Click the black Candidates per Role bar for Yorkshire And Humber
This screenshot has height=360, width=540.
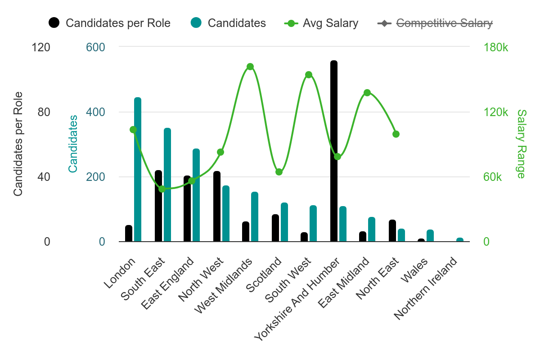point(333,151)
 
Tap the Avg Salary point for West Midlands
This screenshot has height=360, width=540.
point(250,67)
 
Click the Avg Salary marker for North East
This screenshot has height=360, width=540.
point(396,134)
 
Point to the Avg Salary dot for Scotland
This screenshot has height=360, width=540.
point(279,172)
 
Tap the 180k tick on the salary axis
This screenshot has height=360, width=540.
point(495,48)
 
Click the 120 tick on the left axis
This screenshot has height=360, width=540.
point(41,48)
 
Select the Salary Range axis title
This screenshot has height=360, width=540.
point(521,144)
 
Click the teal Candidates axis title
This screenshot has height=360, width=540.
point(73,144)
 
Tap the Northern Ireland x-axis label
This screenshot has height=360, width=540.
point(427,288)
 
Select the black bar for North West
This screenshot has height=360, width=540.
point(216,206)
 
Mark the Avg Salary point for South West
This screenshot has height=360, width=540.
point(309,75)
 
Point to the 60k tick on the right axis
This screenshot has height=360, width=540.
point(492,177)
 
